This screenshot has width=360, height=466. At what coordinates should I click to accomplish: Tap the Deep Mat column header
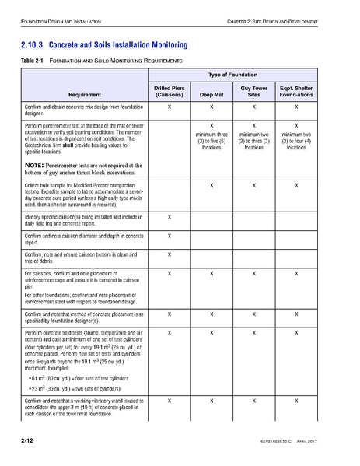211,96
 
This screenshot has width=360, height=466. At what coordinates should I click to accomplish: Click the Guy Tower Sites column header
253,93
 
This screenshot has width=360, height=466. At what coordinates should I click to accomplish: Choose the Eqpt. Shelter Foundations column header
296,93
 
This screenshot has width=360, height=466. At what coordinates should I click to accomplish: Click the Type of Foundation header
233,75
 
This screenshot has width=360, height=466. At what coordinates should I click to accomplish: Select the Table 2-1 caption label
30,60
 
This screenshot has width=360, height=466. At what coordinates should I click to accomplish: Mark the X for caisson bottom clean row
169,254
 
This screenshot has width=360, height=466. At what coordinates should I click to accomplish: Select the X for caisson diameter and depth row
169,234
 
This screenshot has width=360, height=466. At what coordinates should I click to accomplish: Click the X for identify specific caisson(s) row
169,215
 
